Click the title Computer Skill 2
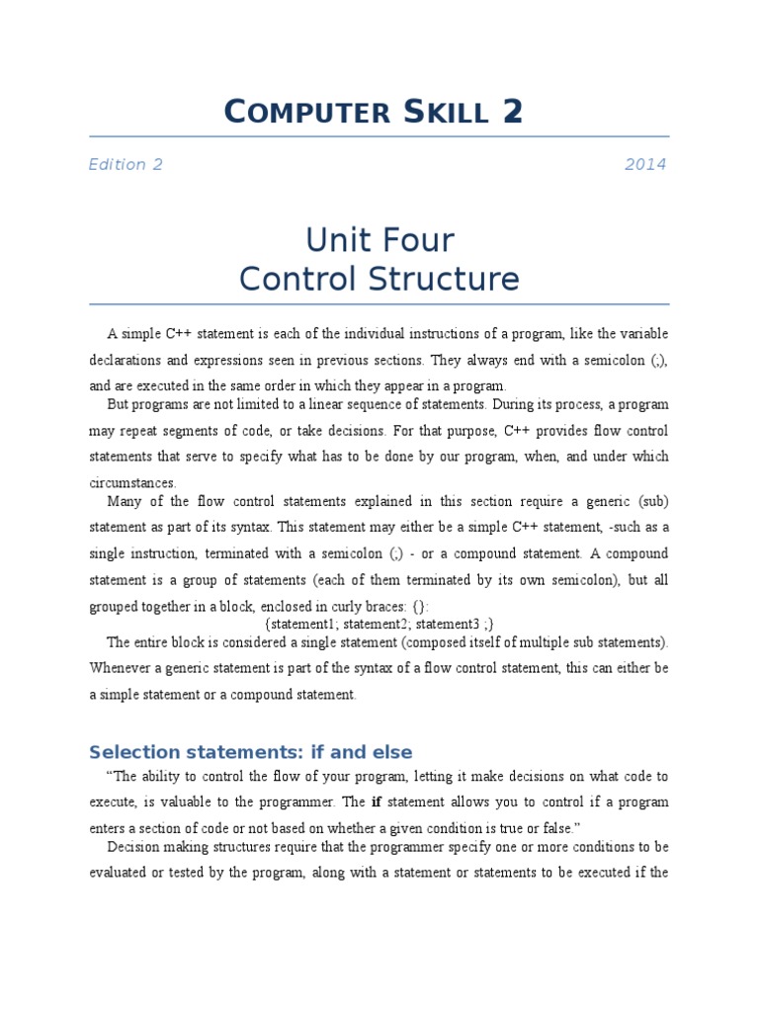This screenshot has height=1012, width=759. (374, 112)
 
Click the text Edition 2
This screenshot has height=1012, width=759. (126, 165)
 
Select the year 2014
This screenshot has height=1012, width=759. (645, 165)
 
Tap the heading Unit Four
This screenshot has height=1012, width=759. (379, 240)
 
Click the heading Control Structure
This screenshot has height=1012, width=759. (379, 280)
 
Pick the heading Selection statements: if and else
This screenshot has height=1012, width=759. (251, 752)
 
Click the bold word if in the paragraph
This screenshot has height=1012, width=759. (376, 801)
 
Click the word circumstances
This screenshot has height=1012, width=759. (132, 483)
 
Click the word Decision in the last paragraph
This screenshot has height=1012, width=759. (133, 846)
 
